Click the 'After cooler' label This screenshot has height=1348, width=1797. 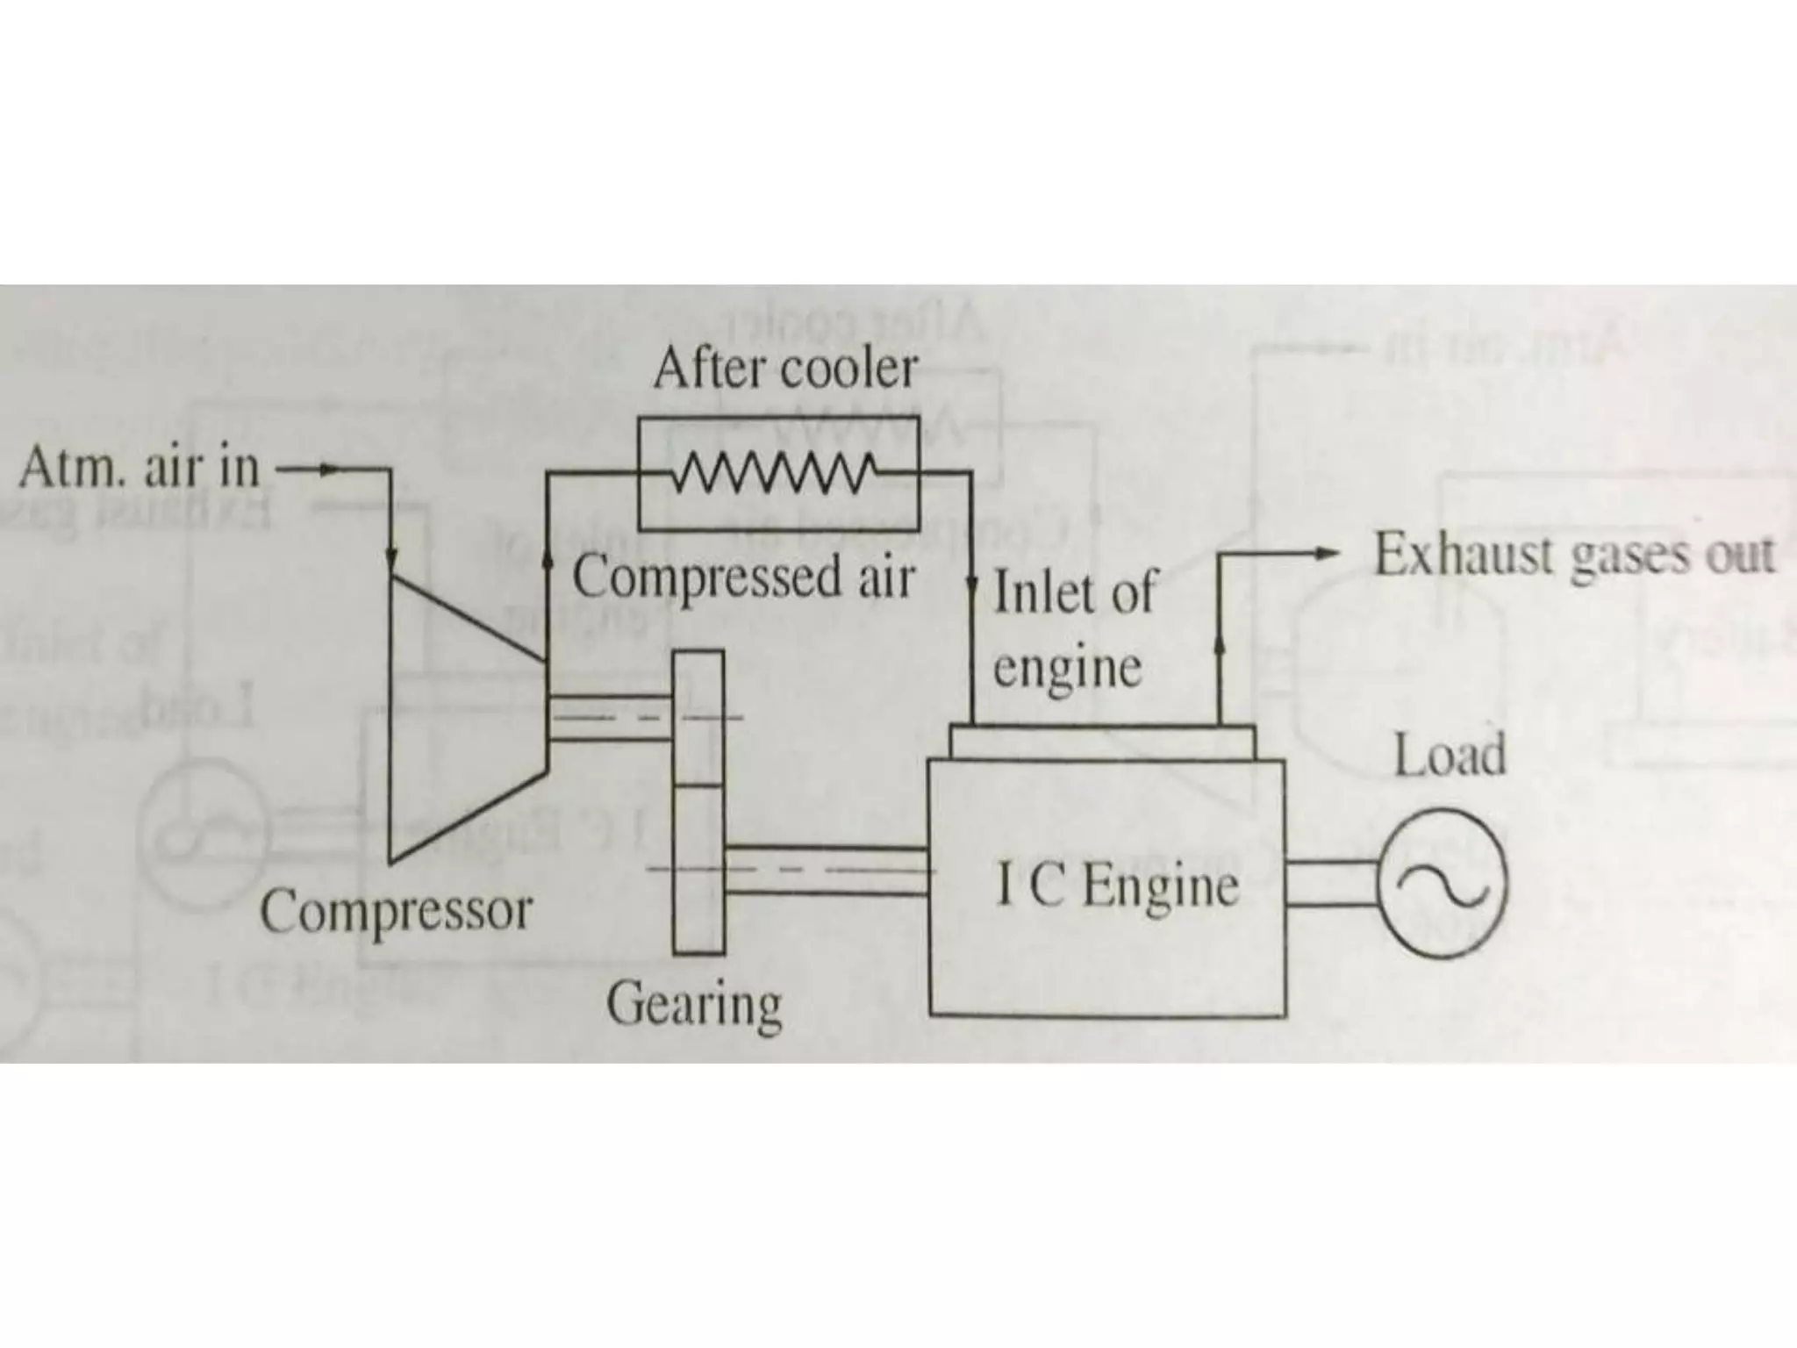click(785, 369)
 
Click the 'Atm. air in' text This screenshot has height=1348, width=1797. click(140, 469)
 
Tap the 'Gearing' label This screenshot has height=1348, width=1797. click(693, 1004)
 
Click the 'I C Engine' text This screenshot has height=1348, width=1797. click(1117, 886)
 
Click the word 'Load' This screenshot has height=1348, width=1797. click(1450, 756)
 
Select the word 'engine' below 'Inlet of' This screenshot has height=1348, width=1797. click(1067, 669)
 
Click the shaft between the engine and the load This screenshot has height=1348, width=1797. click(1330, 884)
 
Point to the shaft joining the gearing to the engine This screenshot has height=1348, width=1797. click(827, 871)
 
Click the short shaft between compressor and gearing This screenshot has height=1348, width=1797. click(610, 718)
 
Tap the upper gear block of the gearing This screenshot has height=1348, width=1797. click(699, 718)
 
